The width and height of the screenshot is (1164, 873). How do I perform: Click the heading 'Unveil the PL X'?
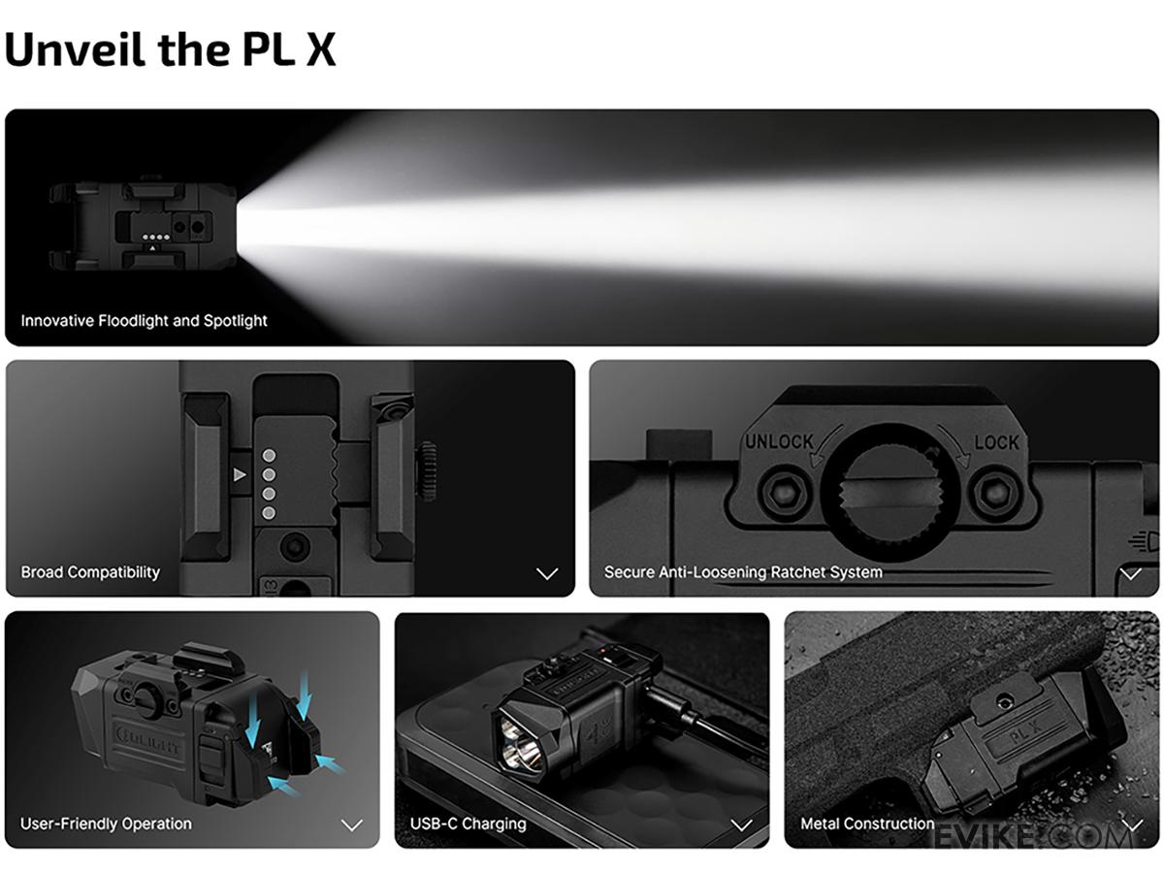(x=170, y=48)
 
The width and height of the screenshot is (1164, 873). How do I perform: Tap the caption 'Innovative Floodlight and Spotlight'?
(x=144, y=321)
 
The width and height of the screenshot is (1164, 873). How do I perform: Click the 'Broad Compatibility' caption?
(x=90, y=572)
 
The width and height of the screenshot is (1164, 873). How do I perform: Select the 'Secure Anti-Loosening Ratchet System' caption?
(x=743, y=572)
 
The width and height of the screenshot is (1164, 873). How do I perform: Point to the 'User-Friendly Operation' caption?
(x=106, y=824)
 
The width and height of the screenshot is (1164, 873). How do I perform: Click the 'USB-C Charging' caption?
(x=468, y=824)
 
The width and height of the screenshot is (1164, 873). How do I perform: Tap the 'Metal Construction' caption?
(x=867, y=824)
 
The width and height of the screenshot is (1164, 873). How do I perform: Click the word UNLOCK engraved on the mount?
(x=779, y=441)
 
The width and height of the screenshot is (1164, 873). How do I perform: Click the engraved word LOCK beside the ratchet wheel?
(x=996, y=442)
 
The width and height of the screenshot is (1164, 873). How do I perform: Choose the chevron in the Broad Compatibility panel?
(x=547, y=573)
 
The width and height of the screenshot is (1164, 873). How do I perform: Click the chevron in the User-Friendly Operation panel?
(x=351, y=824)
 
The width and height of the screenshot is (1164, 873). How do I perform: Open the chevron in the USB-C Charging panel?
(x=741, y=824)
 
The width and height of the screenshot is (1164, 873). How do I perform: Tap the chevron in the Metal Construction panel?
(x=1132, y=824)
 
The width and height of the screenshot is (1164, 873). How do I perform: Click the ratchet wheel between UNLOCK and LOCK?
(x=890, y=493)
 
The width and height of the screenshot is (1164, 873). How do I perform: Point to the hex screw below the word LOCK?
(x=995, y=493)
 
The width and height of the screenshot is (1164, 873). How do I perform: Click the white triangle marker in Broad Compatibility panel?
(x=240, y=474)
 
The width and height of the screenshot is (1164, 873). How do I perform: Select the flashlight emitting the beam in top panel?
(x=144, y=225)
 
